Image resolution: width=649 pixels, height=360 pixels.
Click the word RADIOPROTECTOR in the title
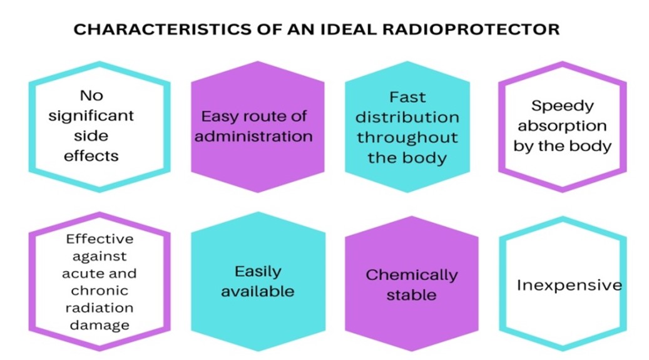(x=471, y=29)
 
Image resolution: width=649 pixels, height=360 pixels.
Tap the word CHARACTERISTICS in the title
(x=162, y=29)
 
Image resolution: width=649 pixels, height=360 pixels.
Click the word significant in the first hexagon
(x=91, y=116)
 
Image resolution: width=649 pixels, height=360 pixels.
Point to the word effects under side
(x=91, y=156)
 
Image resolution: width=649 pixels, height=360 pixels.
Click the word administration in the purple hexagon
(x=253, y=136)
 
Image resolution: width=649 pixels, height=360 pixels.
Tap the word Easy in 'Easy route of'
(x=218, y=117)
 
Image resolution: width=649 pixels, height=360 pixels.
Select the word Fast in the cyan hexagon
(x=407, y=97)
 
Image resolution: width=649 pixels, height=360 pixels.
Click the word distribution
(x=407, y=117)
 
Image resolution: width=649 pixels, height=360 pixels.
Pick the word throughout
(x=407, y=138)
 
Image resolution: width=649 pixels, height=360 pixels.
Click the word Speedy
(x=563, y=106)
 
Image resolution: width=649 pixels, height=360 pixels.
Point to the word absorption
(x=563, y=126)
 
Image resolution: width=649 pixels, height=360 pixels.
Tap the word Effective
(x=100, y=239)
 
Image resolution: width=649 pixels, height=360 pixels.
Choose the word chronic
(x=100, y=291)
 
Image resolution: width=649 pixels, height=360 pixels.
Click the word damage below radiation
(x=100, y=326)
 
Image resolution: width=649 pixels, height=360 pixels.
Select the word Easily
(x=258, y=272)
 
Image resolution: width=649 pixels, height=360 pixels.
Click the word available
(x=257, y=292)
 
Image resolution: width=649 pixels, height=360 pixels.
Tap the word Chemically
(x=411, y=275)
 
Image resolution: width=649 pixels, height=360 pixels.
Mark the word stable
(x=411, y=296)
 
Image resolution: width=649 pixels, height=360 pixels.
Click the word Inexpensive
(x=570, y=285)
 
